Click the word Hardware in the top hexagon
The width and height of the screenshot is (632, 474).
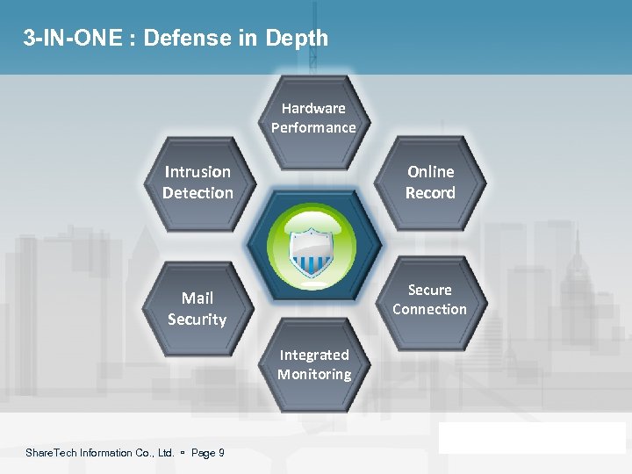point(313,108)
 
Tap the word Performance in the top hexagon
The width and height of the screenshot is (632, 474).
point(313,127)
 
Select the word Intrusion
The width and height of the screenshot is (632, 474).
point(197,172)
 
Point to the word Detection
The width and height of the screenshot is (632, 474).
point(197,192)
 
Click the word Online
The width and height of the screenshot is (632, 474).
point(430,172)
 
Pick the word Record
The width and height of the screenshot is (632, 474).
point(430,192)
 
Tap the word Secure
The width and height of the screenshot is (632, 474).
point(430,290)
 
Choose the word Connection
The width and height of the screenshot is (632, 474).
point(430,309)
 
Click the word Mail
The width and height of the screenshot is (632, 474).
point(197,298)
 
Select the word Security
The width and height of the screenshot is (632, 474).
point(197,320)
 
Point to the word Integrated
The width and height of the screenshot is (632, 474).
point(314,355)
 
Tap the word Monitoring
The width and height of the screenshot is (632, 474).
point(314,374)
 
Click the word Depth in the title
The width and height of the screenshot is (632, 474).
point(300,39)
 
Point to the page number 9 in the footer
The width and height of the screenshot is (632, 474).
point(221,453)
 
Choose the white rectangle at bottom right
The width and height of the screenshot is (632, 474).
point(532,437)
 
